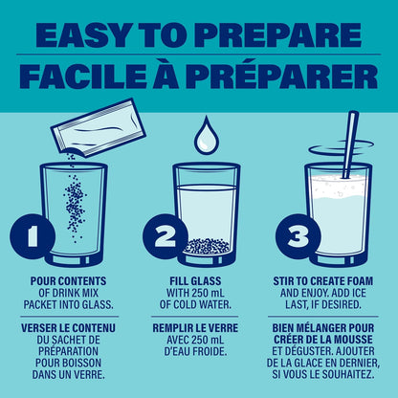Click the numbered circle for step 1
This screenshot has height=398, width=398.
(x=33, y=236)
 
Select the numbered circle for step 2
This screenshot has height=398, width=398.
(x=166, y=236)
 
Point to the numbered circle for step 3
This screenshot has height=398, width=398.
(x=298, y=236)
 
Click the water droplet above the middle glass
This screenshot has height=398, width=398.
(x=207, y=136)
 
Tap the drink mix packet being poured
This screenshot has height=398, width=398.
(x=99, y=128)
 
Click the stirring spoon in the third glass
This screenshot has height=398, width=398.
(x=350, y=144)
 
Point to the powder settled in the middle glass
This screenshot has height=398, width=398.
(x=207, y=246)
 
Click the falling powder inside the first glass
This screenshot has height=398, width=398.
(x=76, y=204)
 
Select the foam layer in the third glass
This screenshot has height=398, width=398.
(x=339, y=188)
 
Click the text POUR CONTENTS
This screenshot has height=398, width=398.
(x=68, y=281)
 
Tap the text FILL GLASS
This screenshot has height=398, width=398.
(x=195, y=281)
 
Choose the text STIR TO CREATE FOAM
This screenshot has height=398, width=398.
(x=322, y=281)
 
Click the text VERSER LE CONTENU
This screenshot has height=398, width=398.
(x=68, y=328)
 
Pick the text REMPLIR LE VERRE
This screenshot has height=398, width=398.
(x=195, y=328)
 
